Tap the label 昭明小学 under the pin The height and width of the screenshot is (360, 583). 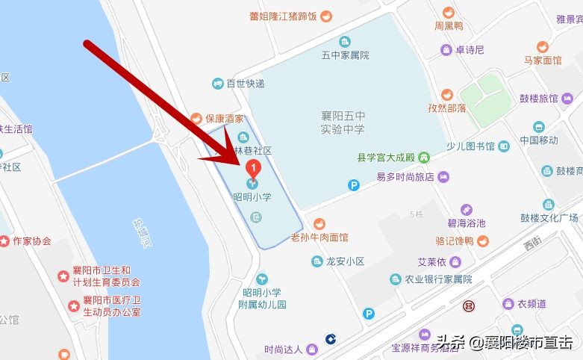point(252,197)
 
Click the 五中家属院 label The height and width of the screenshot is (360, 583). point(345,55)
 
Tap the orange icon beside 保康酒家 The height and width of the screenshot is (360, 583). point(196,117)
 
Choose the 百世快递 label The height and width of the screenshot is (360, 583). point(246,83)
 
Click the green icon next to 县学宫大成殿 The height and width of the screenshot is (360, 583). point(423,158)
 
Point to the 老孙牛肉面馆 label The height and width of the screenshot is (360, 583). point(319,238)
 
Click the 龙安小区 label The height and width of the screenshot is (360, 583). point(345,261)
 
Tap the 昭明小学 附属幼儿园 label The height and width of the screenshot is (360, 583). point(262,299)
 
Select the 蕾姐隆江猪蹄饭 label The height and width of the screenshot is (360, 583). point(284,16)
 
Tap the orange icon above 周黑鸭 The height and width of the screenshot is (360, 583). point(448,12)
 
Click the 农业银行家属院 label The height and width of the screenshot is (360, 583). point(438,279)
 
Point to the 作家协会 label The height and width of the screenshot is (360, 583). point(31,241)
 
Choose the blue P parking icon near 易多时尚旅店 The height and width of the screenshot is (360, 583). point(353,184)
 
